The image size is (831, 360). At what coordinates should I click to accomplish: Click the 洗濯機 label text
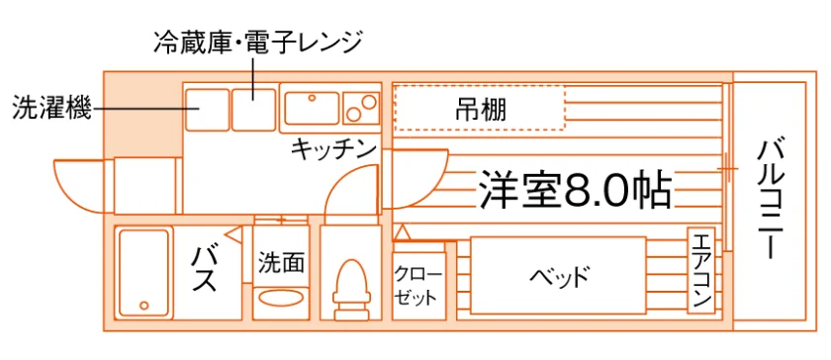click(x=51, y=108)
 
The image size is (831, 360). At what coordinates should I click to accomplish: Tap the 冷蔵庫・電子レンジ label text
click(x=257, y=43)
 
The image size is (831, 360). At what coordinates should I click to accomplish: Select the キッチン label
click(x=332, y=149)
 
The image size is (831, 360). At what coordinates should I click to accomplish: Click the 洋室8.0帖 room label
click(x=576, y=189)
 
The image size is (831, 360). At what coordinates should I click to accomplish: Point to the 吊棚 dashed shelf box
click(x=480, y=108)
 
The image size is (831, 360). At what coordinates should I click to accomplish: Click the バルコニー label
click(x=770, y=200)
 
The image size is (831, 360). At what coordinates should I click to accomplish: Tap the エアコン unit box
click(x=701, y=270)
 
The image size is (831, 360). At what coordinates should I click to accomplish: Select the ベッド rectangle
click(x=558, y=276)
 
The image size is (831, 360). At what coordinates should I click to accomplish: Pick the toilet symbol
click(x=350, y=289)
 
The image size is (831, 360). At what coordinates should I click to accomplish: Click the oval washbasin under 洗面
click(x=281, y=298)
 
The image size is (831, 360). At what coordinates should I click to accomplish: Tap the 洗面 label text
click(x=281, y=261)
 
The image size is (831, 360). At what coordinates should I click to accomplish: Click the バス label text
click(x=205, y=269)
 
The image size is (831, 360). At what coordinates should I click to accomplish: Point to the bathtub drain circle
click(x=143, y=306)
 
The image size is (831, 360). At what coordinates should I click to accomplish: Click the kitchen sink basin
click(x=313, y=108)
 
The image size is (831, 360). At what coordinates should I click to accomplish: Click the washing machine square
click(x=207, y=110)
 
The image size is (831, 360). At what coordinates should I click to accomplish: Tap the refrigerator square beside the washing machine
click(x=253, y=110)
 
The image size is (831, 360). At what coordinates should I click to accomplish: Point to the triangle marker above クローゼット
click(x=403, y=231)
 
